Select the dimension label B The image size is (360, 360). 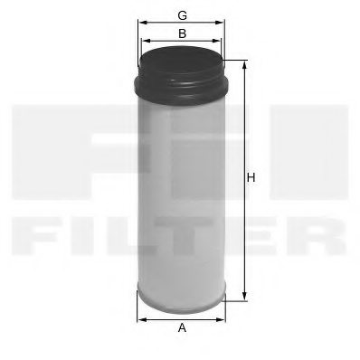coord(182,33)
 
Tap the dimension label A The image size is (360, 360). coord(182,330)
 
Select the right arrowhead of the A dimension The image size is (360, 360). coord(222,318)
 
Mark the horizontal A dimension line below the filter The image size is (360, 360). coord(181,318)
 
